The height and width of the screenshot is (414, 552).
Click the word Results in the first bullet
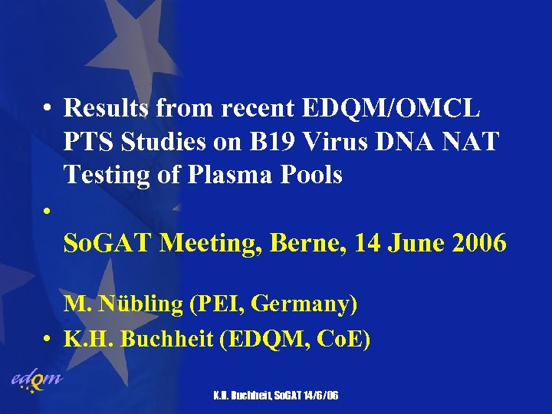tap(107, 109)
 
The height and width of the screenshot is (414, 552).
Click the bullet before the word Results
tap(48, 110)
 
